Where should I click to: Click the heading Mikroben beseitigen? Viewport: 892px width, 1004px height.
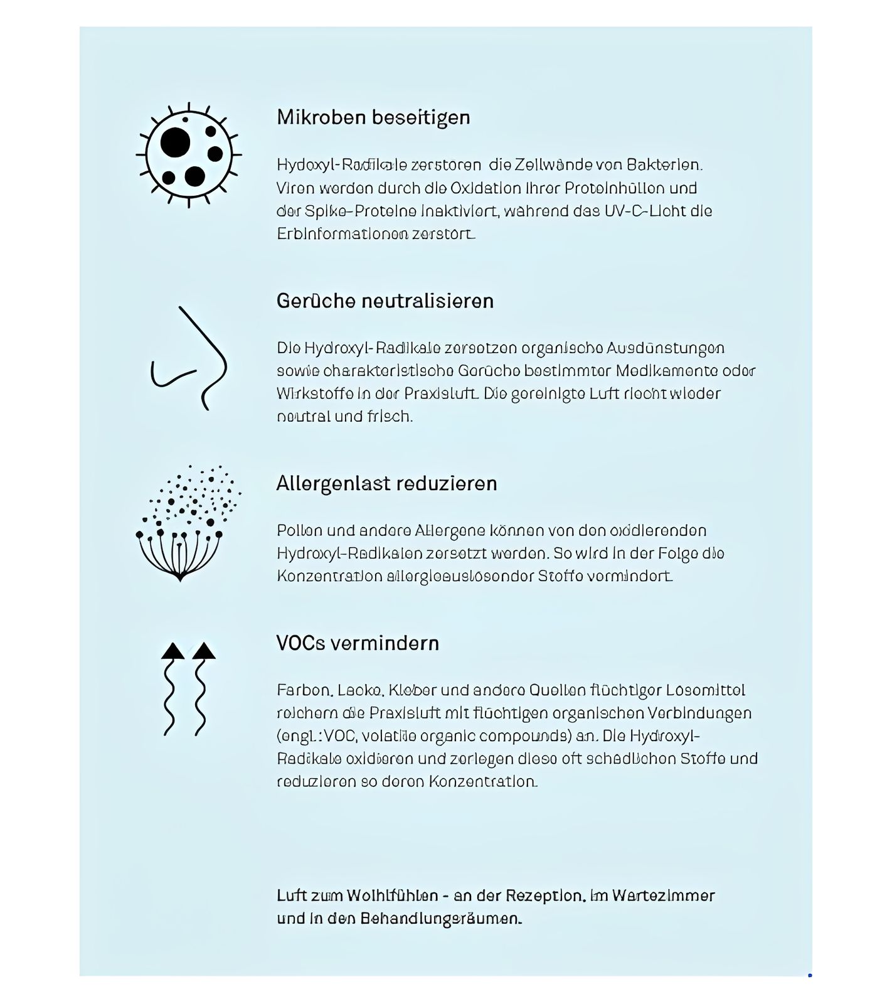[x=373, y=117]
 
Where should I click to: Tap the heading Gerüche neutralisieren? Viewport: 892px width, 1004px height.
[x=385, y=301]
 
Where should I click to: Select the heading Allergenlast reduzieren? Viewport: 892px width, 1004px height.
[x=386, y=484]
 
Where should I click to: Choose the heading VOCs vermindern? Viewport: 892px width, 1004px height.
[x=358, y=643]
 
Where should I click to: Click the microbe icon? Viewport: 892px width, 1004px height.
[x=189, y=154]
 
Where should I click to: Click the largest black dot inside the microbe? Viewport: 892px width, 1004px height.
[x=175, y=142]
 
